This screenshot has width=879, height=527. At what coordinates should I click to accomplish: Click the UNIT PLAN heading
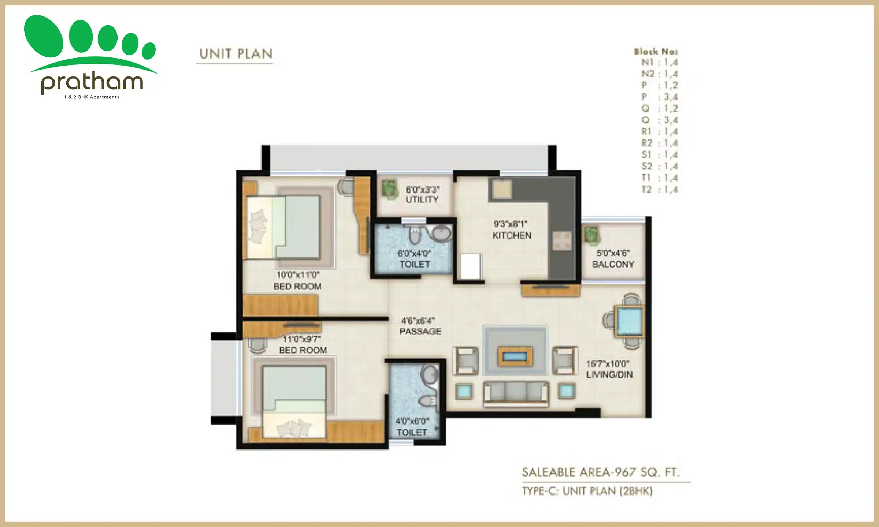(x=236, y=54)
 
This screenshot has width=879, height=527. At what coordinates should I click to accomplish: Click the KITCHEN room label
(x=512, y=235)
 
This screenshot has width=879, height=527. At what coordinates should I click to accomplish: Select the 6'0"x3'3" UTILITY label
(x=422, y=195)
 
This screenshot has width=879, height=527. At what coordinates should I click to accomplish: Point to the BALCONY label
(x=613, y=264)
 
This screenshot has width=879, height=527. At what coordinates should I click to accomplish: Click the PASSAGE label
(x=420, y=331)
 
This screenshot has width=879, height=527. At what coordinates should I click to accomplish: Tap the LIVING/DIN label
(x=609, y=374)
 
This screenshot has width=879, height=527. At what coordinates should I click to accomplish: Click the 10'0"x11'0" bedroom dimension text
(x=298, y=275)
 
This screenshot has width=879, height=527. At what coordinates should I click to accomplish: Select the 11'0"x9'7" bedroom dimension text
(x=302, y=339)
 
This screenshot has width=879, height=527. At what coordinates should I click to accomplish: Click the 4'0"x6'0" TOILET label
(x=412, y=427)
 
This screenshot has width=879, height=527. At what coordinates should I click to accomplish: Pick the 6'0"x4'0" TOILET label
(x=414, y=259)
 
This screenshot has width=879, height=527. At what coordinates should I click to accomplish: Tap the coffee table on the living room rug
(x=515, y=356)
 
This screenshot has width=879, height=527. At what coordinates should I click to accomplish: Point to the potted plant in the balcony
(x=591, y=235)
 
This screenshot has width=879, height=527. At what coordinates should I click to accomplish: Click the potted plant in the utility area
(x=389, y=189)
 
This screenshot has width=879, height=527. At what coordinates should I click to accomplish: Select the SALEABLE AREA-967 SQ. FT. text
(x=601, y=472)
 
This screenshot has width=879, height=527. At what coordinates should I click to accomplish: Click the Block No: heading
(x=656, y=52)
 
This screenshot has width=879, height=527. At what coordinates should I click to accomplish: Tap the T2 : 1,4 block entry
(x=659, y=189)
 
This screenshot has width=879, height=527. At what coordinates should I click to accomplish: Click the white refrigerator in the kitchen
(x=470, y=266)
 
